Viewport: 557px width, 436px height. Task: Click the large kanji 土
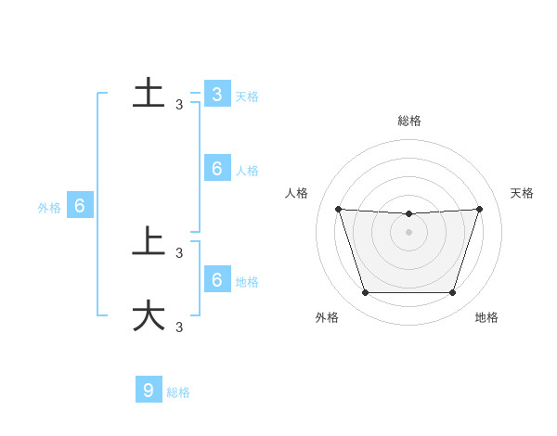coord(149,94)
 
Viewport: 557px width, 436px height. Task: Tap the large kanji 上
coord(149,241)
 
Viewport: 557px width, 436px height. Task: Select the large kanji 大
coord(149,315)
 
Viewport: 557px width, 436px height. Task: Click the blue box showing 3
coord(216,95)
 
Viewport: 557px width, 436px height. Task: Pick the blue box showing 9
coord(149,390)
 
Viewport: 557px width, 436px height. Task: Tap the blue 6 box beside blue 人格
coord(216,169)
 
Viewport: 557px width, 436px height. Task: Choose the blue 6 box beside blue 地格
coord(216,279)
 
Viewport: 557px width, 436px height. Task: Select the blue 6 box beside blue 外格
coord(80,206)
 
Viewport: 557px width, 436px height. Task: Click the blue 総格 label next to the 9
coord(178,392)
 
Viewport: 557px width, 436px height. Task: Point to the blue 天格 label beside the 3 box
coord(247,96)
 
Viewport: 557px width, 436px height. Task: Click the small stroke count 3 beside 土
coord(179,105)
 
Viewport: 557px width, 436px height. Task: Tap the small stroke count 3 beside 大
coord(179,327)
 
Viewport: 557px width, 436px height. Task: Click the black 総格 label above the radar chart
coord(409,121)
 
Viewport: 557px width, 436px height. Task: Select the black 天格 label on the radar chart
coord(522,193)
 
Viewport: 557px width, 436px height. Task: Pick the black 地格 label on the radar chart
coord(486,318)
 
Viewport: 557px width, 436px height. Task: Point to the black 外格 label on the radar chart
coord(327,318)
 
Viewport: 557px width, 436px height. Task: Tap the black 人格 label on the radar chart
coord(297,193)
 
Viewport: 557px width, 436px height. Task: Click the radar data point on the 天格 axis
coord(479,209)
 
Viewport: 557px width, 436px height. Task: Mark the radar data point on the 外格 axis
coord(365,292)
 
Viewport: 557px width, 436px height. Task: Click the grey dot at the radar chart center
coord(409,232)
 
